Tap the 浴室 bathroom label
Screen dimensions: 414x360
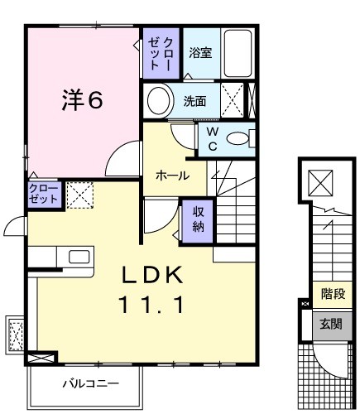tap(199, 53)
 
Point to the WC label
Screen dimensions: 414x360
tap(212, 137)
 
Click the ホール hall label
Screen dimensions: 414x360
tap(171, 176)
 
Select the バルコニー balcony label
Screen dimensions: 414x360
tap(91, 384)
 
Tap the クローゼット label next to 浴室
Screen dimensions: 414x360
tap(161, 52)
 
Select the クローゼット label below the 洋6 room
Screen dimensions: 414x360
tap(43, 195)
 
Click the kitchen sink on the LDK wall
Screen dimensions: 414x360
tap(79, 256)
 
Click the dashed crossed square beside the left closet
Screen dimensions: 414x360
tap(80, 195)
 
